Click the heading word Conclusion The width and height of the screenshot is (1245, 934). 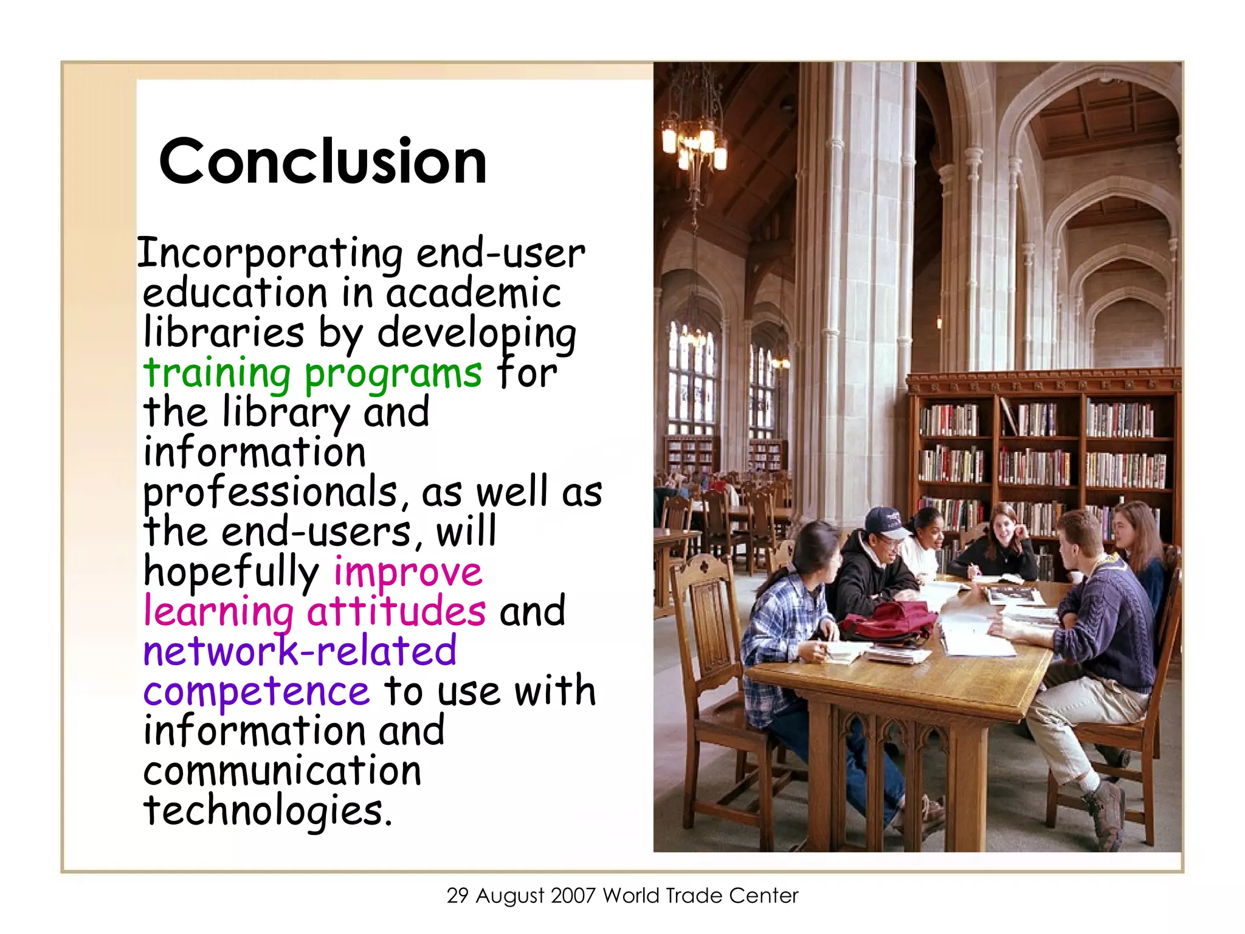323,161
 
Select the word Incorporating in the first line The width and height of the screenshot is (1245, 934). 269,254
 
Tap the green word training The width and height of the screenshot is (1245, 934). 217,373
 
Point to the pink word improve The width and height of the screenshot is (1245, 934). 408,573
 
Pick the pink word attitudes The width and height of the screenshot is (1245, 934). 396,611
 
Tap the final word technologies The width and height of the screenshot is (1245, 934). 267,811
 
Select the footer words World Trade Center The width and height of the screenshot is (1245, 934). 700,896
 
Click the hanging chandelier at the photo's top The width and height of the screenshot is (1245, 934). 694,137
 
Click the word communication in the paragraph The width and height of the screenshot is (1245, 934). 282,771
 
